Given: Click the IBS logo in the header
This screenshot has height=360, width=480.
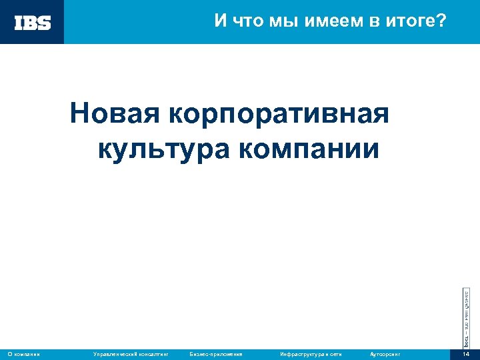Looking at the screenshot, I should pyautogui.click(x=33, y=23).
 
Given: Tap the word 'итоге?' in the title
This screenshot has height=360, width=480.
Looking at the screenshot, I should pyautogui.click(x=420, y=22).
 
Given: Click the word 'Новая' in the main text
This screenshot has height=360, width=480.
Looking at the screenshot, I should pyautogui.click(x=114, y=113).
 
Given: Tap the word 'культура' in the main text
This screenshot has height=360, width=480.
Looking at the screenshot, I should pyautogui.click(x=163, y=148).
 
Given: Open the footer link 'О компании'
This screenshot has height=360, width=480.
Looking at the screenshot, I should pyautogui.click(x=24, y=353).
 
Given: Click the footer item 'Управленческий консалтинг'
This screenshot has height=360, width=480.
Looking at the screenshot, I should pyautogui.click(x=131, y=353).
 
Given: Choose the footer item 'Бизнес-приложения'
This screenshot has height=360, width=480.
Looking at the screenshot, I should pyautogui.click(x=216, y=353).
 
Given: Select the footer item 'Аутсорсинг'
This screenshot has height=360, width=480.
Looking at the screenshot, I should pyautogui.click(x=385, y=353).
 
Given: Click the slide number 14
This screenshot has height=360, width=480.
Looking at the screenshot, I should pyautogui.click(x=466, y=353).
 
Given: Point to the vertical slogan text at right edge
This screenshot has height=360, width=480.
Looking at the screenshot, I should pyautogui.click(x=467, y=317).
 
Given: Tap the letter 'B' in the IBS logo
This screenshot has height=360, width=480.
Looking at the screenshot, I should pyautogui.click(x=32, y=23).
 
